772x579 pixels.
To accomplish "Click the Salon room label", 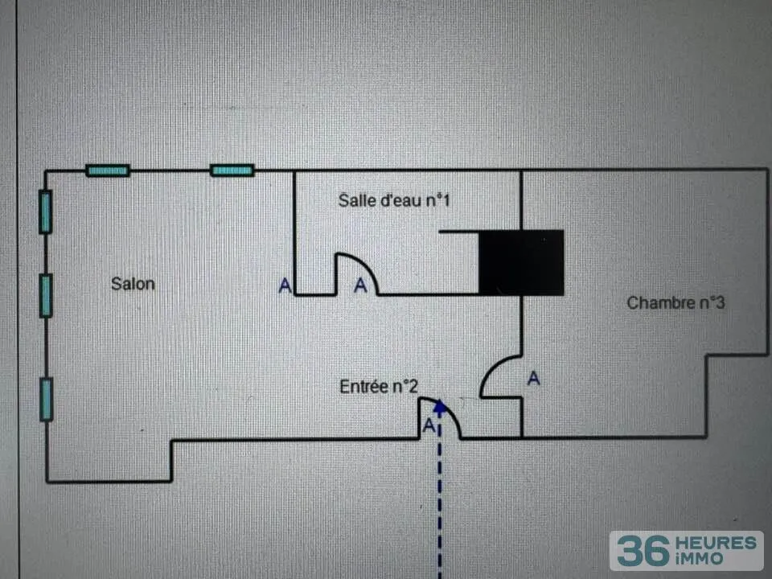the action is click(133, 284).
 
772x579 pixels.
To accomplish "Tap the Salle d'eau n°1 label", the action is click(394, 200).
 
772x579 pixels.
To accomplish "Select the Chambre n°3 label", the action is click(675, 303).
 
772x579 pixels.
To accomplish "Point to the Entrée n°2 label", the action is click(379, 387).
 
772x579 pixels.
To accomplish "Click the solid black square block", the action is click(521, 263).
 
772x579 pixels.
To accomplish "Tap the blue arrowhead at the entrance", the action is click(440, 407).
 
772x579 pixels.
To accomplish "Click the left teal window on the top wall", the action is click(108, 170).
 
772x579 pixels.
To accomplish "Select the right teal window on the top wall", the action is click(232, 170).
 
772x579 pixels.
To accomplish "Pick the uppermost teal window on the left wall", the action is click(45, 211).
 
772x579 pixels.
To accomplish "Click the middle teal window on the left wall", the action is click(46, 296).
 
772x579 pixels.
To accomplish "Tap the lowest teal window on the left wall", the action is click(47, 400).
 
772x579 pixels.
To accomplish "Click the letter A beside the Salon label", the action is click(285, 285).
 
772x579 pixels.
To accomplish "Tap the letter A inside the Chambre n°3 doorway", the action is click(534, 378).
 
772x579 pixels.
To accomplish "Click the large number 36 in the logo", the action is click(643, 551).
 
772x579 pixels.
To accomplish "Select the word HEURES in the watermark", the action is click(717, 544).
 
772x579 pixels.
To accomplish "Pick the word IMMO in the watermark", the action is click(700, 559).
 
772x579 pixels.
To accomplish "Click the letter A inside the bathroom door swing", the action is click(360, 285).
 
